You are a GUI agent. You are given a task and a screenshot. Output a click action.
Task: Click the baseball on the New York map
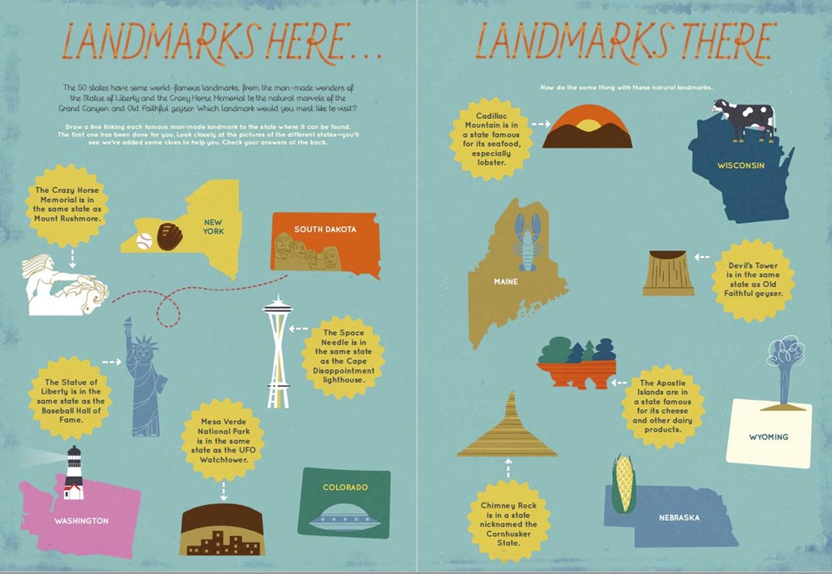[x=143, y=241]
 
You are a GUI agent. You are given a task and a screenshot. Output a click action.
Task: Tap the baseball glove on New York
[x=170, y=235]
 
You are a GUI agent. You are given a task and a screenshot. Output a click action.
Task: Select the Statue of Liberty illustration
[x=143, y=379]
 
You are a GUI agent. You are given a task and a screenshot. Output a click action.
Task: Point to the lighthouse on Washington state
[x=74, y=472]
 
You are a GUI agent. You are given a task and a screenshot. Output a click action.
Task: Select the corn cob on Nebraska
[x=623, y=483]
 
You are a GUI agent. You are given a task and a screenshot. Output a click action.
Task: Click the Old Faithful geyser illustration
[x=785, y=370]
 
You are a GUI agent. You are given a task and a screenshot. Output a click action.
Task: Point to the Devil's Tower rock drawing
[x=668, y=273]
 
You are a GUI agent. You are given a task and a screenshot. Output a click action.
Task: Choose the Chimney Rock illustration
[x=508, y=428]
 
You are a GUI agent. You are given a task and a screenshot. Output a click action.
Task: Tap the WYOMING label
[x=768, y=437]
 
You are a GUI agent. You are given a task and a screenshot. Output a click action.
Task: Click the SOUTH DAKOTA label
[x=324, y=229]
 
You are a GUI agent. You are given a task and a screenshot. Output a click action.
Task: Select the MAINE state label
[x=506, y=282]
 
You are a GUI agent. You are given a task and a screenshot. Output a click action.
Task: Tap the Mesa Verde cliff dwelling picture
[x=222, y=530]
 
